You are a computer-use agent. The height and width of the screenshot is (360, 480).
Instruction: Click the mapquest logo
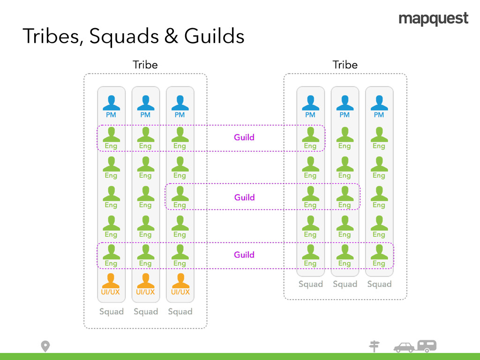point(433,19)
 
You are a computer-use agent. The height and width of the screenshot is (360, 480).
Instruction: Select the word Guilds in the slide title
point(214,37)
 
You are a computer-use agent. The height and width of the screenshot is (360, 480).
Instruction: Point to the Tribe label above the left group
point(145,65)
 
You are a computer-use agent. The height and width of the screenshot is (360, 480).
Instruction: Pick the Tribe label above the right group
point(345,65)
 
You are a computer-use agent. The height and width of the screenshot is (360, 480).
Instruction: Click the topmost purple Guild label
point(244,137)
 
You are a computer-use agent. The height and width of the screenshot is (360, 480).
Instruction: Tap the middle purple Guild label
point(244,197)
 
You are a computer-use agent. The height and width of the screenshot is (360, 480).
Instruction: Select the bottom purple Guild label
point(244,255)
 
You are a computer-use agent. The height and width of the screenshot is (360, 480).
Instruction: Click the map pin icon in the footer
point(45,346)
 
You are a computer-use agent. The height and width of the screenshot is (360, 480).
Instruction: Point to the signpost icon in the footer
point(374,346)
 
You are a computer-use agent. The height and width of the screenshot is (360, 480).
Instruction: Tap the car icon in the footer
point(404,347)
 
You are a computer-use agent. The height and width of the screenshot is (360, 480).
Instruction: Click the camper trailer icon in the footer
point(427,346)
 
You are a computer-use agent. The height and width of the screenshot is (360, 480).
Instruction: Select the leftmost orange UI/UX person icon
point(111,281)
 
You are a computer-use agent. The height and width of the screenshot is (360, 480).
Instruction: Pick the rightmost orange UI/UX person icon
point(180,281)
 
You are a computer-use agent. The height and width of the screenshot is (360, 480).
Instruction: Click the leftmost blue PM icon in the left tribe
point(111,103)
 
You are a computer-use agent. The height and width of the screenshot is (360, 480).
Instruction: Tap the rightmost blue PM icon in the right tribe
point(379,103)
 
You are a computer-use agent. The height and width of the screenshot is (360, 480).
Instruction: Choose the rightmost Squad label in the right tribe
point(379,284)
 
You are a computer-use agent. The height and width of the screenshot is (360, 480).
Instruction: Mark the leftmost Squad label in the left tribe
point(111,312)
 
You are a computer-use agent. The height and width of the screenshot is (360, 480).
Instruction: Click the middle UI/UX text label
point(145,292)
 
